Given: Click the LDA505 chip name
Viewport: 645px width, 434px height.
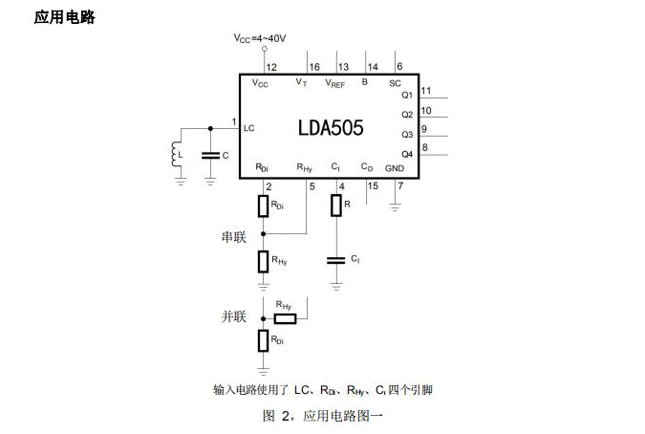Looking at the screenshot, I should [x=331, y=128].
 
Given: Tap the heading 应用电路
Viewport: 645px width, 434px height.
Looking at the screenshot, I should [x=64, y=17].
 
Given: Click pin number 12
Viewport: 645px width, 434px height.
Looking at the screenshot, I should [x=272, y=67].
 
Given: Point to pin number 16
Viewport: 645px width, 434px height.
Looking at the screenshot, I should [x=314, y=67].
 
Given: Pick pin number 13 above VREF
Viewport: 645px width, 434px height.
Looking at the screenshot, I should [x=343, y=67].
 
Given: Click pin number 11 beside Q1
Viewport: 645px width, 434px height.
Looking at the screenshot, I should [x=426, y=91].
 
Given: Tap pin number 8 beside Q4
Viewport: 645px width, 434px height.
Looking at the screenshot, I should [x=424, y=147].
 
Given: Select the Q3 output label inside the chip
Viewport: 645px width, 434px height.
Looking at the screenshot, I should [x=407, y=135].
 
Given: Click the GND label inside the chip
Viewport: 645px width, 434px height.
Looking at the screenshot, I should [x=394, y=167].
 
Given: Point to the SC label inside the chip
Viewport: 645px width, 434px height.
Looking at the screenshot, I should [x=395, y=83].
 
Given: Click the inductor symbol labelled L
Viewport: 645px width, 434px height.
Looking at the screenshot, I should [x=176, y=154].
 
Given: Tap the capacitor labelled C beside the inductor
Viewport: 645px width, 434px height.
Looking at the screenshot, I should [x=210, y=154].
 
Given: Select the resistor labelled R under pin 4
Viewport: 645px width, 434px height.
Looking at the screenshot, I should [x=336, y=205].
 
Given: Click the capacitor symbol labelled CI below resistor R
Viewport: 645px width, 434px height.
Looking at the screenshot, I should [x=336, y=259].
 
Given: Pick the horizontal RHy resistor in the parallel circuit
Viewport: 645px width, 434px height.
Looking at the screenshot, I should [x=285, y=317].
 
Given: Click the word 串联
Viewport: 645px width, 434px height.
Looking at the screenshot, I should [x=234, y=237].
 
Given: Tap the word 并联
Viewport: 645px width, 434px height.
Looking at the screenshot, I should [x=234, y=316].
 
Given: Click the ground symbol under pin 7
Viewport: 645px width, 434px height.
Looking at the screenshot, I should [x=395, y=205].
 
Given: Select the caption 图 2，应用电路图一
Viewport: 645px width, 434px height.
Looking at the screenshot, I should [x=322, y=416].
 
